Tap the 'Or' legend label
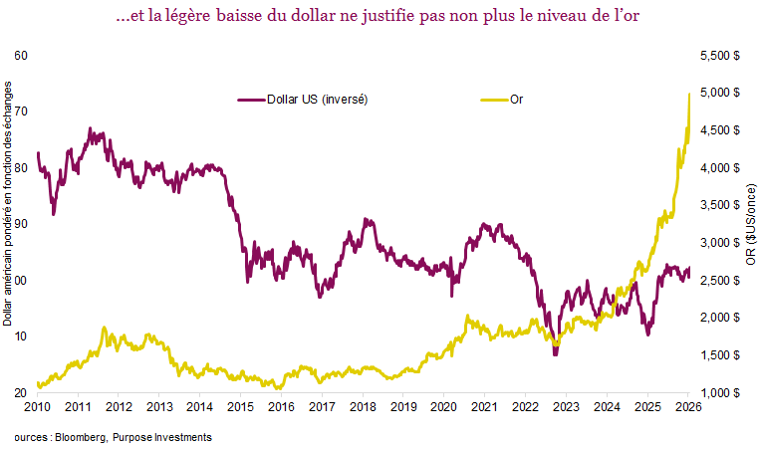tap(517, 100)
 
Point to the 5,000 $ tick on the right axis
tap(718, 93)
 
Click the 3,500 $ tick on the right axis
tap(718, 205)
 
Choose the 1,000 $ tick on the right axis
tap(718, 393)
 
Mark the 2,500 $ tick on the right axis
tap(718, 281)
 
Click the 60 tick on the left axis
tap(21, 56)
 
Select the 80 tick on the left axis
tap(21, 168)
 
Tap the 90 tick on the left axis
tap(21, 224)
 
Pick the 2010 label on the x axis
tap(37, 408)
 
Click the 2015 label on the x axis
tap(240, 408)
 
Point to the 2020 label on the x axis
tap(443, 408)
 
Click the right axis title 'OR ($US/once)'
tap(749, 224)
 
